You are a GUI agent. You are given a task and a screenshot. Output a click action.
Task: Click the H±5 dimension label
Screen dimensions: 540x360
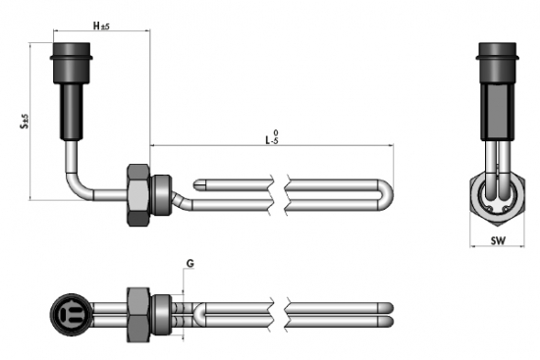click(x=101, y=26)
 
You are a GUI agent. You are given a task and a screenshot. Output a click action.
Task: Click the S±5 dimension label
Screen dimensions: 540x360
click(x=25, y=122)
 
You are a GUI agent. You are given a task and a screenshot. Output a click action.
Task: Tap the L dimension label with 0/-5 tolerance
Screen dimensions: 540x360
click(x=272, y=137)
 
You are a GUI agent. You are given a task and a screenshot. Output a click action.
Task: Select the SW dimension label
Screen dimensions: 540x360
click(x=498, y=240)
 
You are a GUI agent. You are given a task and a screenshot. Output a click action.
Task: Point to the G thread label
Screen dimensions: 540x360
click(x=190, y=264)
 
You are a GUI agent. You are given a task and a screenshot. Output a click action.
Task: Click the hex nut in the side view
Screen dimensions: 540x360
click(x=138, y=195)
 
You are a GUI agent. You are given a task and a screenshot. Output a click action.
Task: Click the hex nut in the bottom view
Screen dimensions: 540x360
click(x=138, y=315)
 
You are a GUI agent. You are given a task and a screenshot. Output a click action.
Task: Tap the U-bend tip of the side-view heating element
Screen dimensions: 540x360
click(x=389, y=195)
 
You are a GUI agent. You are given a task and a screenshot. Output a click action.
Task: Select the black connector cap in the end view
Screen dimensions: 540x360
click(x=498, y=63)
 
